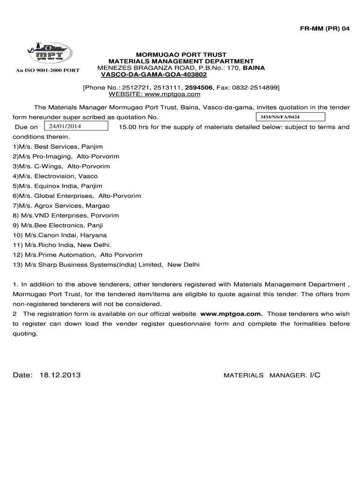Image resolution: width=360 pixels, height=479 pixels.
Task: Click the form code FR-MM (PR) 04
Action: click(x=324, y=29)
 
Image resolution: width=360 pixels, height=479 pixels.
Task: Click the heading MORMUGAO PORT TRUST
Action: click(x=181, y=55)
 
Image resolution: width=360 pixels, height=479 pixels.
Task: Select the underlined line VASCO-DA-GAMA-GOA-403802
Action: click(x=151, y=75)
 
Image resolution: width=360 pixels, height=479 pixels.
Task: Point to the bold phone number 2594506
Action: click(x=198, y=87)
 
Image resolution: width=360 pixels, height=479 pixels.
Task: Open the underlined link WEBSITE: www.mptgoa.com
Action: click(x=154, y=94)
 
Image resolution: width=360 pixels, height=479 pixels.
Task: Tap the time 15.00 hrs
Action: click(x=136, y=127)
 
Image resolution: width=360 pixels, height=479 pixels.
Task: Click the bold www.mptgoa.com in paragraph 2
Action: click(x=231, y=314)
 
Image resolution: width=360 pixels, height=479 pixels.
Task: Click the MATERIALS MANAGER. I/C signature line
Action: click(x=272, y=375)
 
